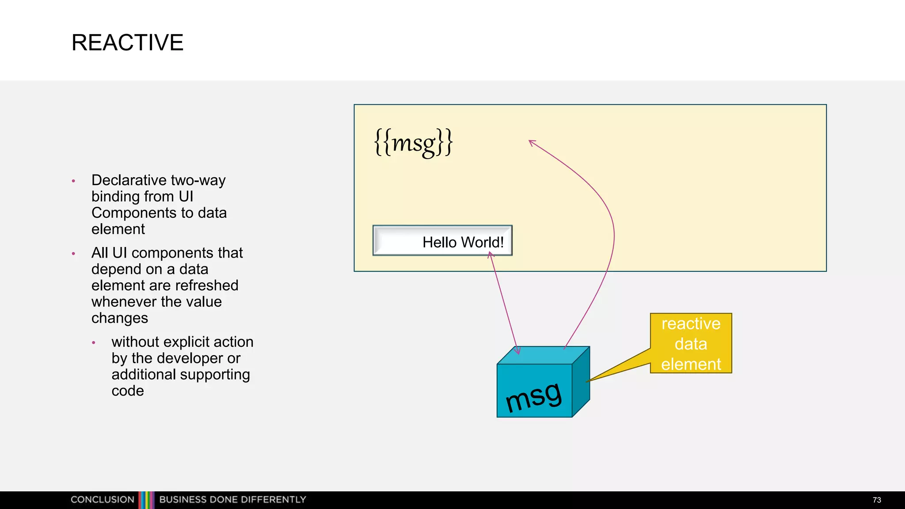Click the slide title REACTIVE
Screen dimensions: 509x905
coord(127,43)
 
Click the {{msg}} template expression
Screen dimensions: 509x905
coord(413,142)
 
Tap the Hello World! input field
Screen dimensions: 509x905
coord(442,241)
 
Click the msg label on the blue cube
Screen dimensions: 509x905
coord(534,396)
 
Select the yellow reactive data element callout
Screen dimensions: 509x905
coord(691,343)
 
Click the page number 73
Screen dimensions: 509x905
coord(877,500)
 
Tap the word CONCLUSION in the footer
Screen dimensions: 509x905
coord(102,500)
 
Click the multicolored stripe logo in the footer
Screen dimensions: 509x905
coord(147,500)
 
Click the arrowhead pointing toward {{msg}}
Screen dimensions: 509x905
coord(532,142)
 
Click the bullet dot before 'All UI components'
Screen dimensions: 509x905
coord(73,254)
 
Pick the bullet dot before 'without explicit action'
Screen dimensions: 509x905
coord(94,343)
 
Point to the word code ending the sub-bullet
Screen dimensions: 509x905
coord(128,391)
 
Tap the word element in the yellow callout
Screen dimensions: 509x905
coord(691,365)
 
